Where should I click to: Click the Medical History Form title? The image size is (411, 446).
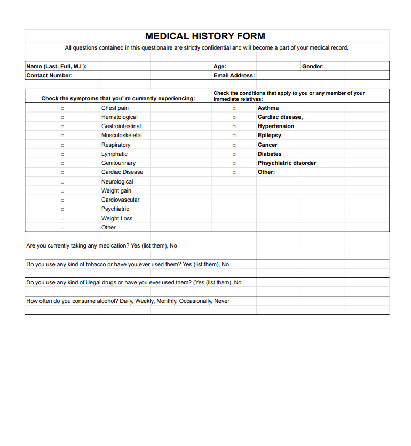[205, 36]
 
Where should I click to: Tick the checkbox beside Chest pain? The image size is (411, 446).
[62, 108]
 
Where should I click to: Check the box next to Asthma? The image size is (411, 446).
[234, 108]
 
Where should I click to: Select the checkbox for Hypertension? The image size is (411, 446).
[234, 126]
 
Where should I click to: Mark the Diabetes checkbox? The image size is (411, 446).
[234, 154]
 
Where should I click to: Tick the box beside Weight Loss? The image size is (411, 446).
[62, 219]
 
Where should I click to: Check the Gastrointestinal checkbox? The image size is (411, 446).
[62, 126]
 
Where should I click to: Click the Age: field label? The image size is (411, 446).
[219, 67]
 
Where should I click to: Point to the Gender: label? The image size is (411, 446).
[313, 67]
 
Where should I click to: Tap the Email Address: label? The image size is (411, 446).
[234, 76]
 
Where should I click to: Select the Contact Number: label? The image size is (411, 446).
[49, 76]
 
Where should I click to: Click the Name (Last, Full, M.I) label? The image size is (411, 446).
[56, 67]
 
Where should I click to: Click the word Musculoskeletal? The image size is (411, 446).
[122, 136]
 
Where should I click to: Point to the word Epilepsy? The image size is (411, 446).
[269, 136]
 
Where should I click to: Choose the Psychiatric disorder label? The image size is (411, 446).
[287, 163]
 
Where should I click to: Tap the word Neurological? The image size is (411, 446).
[117, 182]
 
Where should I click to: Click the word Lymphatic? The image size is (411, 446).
[114, 154]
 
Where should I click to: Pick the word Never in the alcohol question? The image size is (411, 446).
[222, 301]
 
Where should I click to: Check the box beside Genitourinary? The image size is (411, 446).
[62, 163]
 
